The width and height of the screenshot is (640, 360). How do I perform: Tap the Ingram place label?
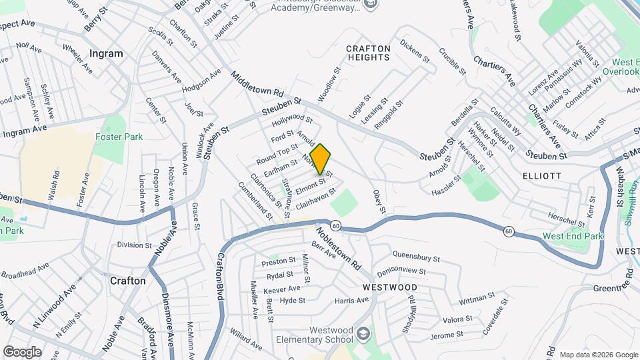(x=106, y=53)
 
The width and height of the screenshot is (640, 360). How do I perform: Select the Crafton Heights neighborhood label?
(x=367, y=53)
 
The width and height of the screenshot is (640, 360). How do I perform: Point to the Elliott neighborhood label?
(x=542, y=175)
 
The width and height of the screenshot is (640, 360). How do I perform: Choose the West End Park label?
(x=573, y=236)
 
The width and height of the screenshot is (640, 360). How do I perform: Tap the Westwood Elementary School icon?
(x=363, y=332)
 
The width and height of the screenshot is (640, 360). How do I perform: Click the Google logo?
(x=22, y=351)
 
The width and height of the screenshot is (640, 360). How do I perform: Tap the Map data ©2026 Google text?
(x=598, y=355)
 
